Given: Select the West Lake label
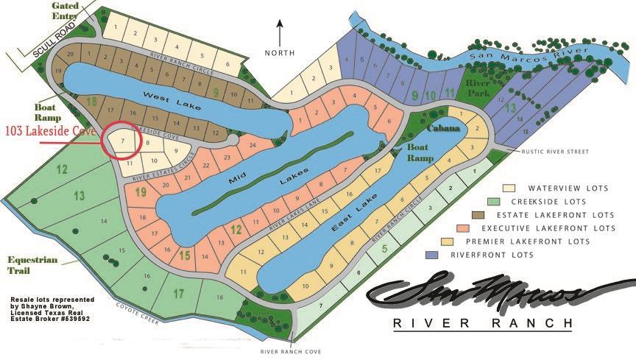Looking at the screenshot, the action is [x=163, y=97].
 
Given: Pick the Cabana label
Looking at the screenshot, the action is [x=443, y=128].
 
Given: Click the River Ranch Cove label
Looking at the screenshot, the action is [x=291, y=352].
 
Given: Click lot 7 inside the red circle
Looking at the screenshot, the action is [x=122, y=138].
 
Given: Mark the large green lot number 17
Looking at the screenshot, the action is [x=178, y=294].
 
